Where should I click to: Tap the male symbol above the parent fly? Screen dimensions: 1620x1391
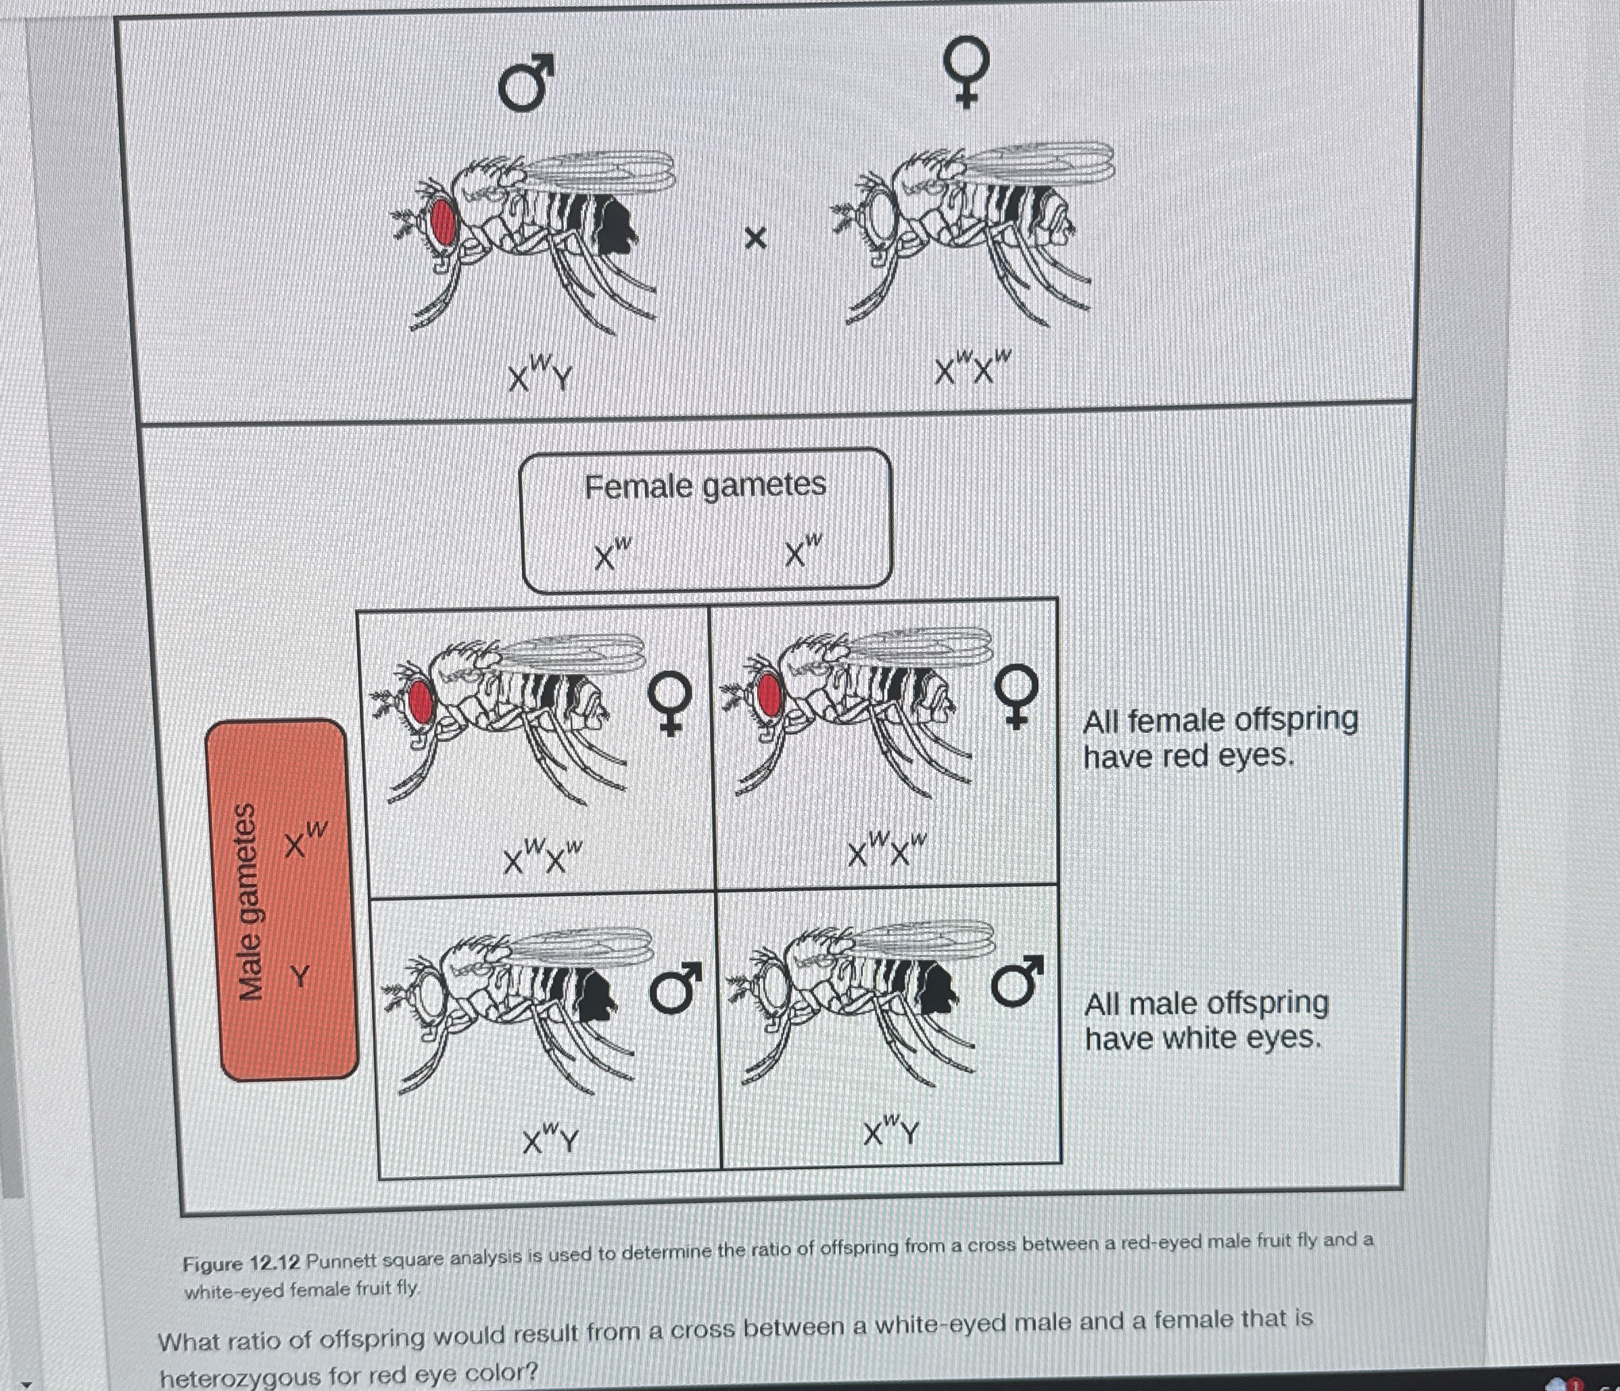[x=525, y=83]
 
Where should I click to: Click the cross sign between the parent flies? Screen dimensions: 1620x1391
[x=755, y=238]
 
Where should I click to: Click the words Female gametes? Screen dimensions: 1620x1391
[x=705, y=486]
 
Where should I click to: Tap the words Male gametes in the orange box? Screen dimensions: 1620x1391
[x=249, y=901]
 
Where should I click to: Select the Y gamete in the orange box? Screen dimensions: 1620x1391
[x=300, y=976]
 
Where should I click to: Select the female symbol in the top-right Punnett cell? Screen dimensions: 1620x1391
[x=1015, y=697]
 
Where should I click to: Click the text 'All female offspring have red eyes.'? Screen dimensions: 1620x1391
[x=1219, y=737]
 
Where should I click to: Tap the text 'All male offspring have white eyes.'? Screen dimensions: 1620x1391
[x=1206, y=1020]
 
